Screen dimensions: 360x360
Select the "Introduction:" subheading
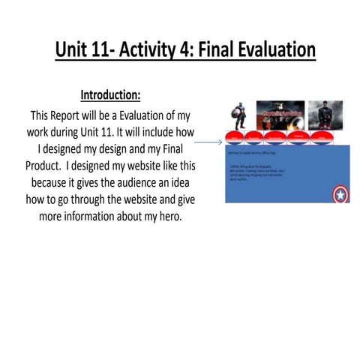[110, 96]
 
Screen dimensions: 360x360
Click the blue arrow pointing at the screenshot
[208, 141]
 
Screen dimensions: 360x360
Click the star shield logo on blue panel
[340, 194]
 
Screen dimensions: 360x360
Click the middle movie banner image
[280, 114]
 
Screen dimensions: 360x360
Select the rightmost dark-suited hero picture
[325, 114]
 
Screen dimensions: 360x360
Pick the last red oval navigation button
[321, 137]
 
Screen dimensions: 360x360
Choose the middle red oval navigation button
[276, 137]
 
